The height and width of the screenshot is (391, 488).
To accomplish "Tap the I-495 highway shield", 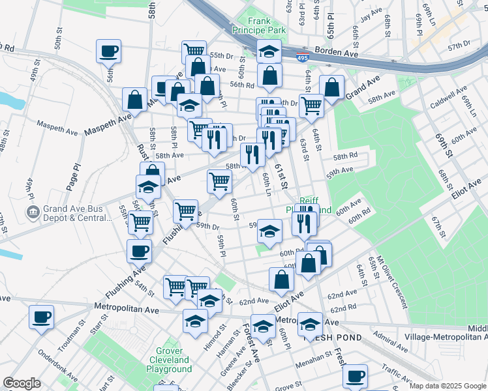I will coord(301,58).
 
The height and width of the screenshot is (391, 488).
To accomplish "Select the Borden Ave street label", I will coord(336,51).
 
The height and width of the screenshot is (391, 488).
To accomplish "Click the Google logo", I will coord(21,383).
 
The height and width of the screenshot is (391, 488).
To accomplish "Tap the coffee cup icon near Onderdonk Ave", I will coord(42,317).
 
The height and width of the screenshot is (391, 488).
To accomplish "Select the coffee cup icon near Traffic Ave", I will coord(355,376).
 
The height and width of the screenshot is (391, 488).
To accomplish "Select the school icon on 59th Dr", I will coord(269,230).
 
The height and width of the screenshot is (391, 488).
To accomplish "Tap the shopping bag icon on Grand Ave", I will coord(331,87).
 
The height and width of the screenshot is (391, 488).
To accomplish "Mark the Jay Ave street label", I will coord(371,16).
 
